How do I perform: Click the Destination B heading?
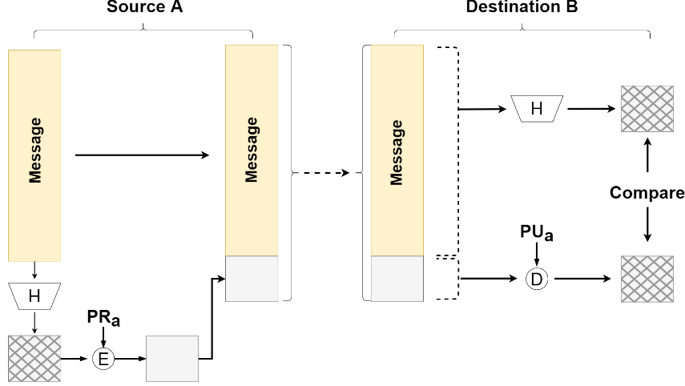pos(522,7)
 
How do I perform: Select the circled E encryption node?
pos(103,359)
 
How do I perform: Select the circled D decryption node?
pos(537,279)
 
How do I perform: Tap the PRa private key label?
pos(103,319)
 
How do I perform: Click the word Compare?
pos(647,192)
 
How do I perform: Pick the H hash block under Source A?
pos(34,296)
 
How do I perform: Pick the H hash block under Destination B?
pos(537,108)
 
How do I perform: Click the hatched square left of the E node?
pos(34,359)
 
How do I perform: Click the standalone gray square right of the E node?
pos(172,359)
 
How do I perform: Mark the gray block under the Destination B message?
pos(397,278)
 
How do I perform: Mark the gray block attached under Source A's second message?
pos(252,278)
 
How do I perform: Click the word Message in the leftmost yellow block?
pos(35,150)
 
